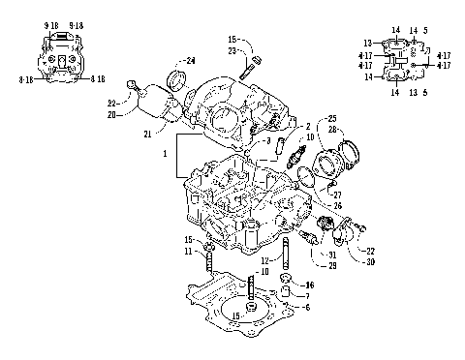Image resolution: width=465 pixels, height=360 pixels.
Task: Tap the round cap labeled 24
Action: (x=177, y=78)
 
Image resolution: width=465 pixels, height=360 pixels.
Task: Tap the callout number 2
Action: (x=308, y=128)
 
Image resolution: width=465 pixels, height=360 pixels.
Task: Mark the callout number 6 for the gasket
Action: (x=307, y=307)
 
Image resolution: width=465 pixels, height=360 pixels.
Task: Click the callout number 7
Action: (x=307, y=296)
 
